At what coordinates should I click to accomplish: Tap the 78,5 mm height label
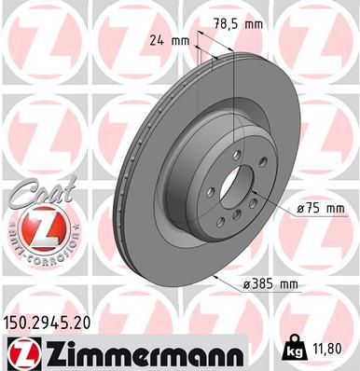233,24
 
